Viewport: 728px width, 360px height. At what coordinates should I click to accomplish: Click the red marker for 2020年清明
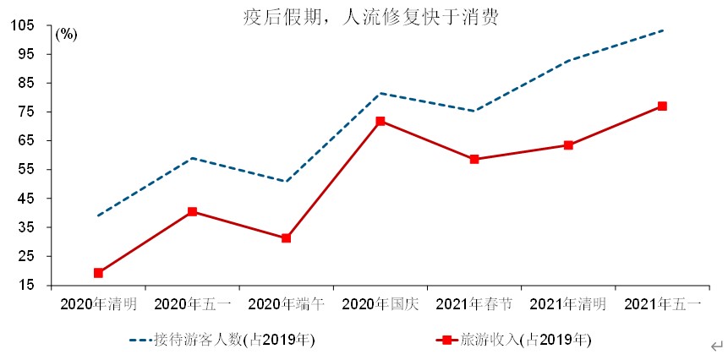point(98,273)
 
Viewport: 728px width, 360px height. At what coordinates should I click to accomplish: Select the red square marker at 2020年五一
point(193,211)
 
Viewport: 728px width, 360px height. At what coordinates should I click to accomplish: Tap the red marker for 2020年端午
point(287,238)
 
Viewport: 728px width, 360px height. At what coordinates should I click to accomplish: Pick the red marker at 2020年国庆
point(380,121)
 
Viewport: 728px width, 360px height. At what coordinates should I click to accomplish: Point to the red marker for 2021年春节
point(474,159)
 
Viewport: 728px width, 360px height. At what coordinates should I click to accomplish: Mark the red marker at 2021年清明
point(569,145)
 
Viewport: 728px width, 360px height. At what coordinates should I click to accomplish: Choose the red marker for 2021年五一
point(663,106)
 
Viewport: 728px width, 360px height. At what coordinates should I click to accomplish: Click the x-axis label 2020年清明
point(98,304)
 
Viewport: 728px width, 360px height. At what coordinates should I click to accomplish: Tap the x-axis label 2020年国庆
point(380,304)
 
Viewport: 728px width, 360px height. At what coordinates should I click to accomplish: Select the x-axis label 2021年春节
point(474,304)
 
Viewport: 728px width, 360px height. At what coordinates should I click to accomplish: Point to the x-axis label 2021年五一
point(663,304)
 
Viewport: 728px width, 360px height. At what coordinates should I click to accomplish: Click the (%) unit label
point(66,35)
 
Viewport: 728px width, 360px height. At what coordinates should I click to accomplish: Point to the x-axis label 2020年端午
point(287,304)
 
